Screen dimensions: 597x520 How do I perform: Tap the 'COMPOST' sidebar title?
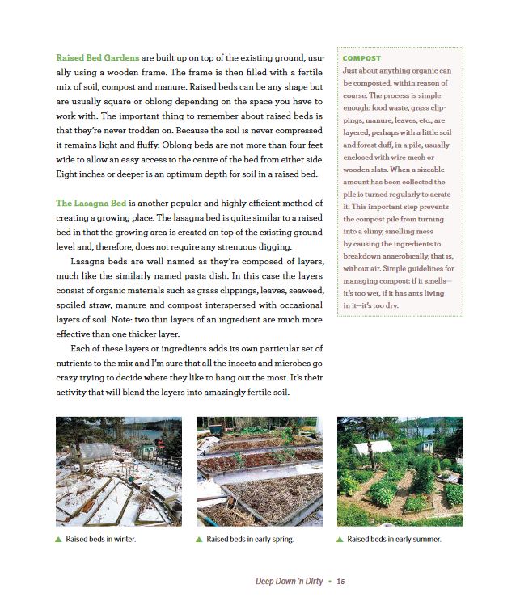point(361,58)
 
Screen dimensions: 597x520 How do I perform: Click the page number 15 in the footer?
point(341,581)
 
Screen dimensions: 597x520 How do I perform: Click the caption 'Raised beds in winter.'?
point(100,539)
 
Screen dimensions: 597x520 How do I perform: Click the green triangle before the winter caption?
point(58,539)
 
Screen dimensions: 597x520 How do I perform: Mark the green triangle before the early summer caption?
point(340,539)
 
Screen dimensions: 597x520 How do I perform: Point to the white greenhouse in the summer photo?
point(373,448)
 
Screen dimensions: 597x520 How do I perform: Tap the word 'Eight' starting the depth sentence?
point(68,174)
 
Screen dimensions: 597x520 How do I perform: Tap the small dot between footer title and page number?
point(330,581)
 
